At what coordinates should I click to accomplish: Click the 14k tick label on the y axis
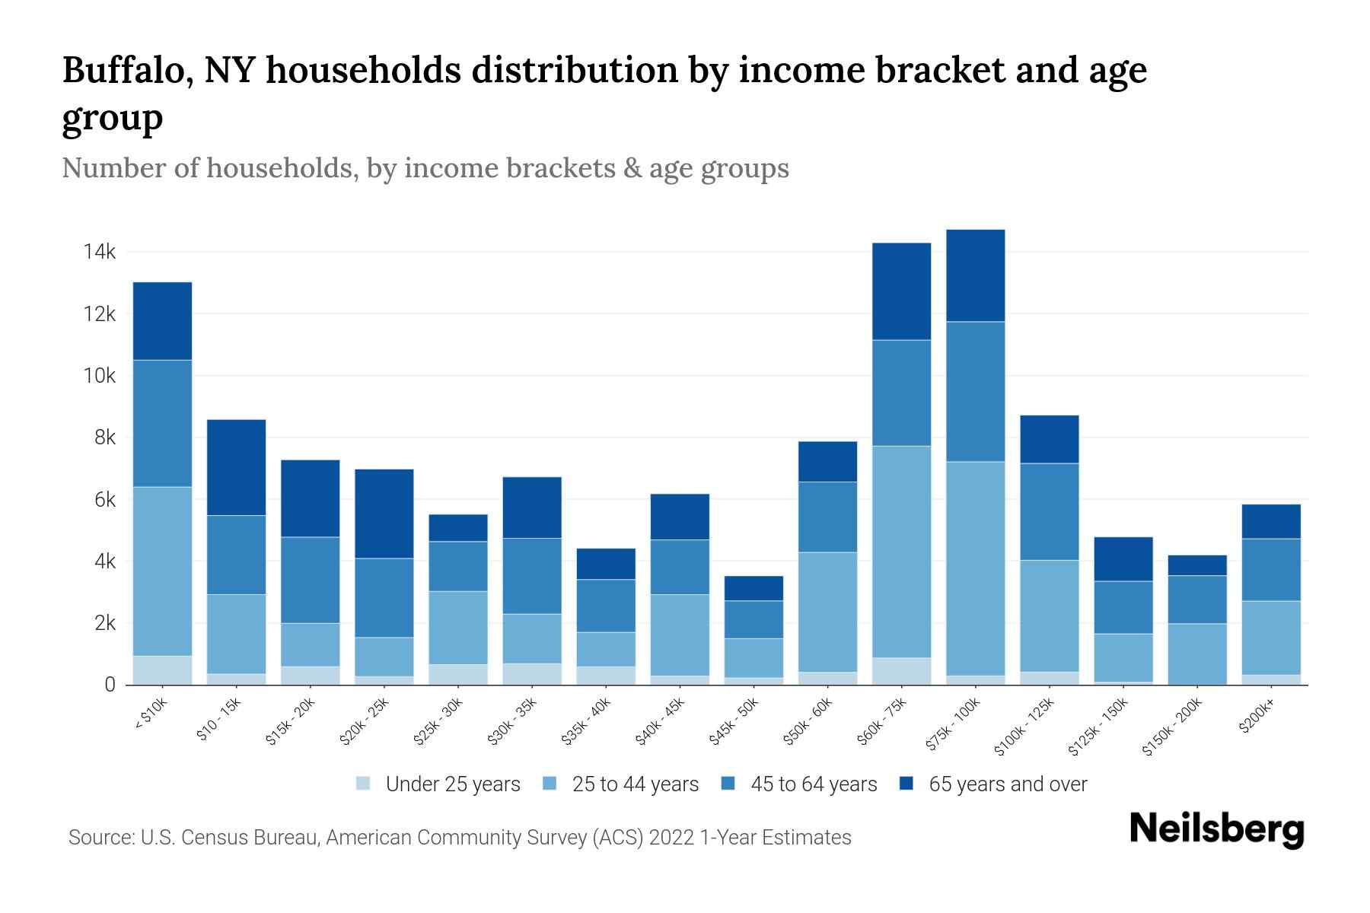pos(100,252)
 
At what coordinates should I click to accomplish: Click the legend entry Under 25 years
pos(452,784)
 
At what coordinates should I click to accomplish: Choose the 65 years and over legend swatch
pos(907,784)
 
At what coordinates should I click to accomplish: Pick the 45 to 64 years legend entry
pos(813,784)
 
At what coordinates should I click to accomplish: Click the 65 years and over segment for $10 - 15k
pos(236,467)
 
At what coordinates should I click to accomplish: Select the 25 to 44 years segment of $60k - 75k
pos(901,552)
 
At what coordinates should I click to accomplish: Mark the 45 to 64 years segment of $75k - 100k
pos(975,391)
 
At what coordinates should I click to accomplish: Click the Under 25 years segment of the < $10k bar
pos(162,670)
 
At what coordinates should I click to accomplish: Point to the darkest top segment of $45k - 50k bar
pos(753,588)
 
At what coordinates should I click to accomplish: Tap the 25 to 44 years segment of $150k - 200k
pos(1197,654)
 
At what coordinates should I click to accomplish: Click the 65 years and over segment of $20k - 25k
pos(384,514)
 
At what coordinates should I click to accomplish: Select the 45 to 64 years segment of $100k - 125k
pos(1049,511)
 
